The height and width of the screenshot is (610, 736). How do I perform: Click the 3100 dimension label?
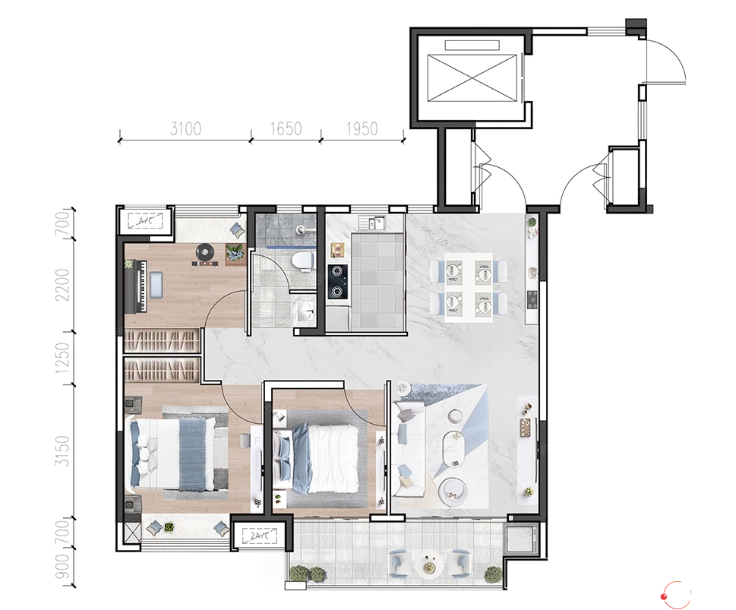185,128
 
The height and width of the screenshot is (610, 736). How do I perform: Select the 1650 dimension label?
286,128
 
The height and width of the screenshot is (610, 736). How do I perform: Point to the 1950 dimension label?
362,128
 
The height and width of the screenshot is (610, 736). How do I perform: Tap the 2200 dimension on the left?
62,285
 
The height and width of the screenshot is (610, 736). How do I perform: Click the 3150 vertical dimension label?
62,450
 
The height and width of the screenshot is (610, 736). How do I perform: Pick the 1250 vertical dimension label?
62,359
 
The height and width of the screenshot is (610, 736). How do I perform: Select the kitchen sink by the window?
371,223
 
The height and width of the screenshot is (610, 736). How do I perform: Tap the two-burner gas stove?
337,281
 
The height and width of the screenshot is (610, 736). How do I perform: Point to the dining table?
469,287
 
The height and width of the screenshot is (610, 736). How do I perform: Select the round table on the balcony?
428,563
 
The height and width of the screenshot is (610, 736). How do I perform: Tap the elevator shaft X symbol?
472,77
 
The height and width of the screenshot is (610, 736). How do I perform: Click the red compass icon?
675,595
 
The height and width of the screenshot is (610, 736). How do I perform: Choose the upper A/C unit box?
145,220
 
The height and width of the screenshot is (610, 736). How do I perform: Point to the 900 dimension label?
62,567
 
